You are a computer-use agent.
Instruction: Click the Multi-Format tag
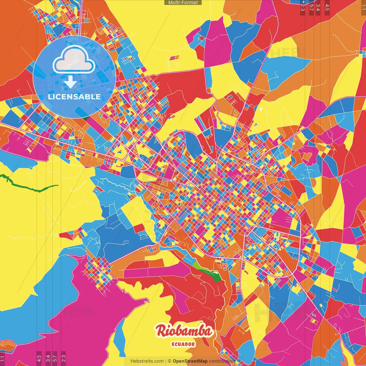pyautogui.click(x=183, y=3)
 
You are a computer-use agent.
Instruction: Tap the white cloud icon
pyautogui.click(x=74, y=60)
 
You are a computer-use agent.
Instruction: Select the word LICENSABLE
pyautogui.click(x=74, y=97)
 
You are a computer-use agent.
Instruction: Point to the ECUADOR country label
pyautogui.click(x=183, y=344)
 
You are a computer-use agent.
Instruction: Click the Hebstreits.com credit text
pyautogui.click(x=147, y=361)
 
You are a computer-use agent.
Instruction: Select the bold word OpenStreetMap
pyautogui.click(x=190, y=361)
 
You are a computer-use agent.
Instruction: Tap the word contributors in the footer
pyautogui.click(x=222, y=361)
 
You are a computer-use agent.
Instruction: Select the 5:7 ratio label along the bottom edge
pyautogui.click(x=55, y=358)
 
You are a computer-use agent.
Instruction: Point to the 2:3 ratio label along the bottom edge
pyautogui.click(x=63, y=358)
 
